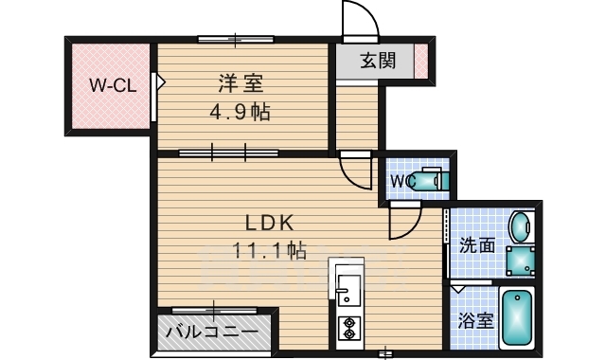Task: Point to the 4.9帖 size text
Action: [241, 113]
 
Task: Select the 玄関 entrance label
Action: [379, 62]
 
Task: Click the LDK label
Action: [272, 224]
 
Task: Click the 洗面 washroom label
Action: [477, 244]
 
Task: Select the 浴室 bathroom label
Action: [475, 320]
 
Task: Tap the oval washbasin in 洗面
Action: [520, 228]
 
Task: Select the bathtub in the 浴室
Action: [517, 319]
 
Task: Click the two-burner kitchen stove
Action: [348, 327]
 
